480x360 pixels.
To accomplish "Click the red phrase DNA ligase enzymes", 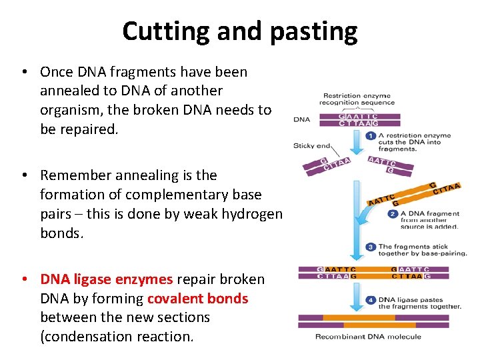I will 106,279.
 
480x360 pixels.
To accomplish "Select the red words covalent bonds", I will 197,299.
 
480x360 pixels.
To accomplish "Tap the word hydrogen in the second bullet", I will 249,213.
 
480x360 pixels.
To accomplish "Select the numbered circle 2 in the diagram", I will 393,214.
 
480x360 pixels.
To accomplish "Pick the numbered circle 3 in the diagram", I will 371,247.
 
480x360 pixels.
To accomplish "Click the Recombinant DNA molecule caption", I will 368,337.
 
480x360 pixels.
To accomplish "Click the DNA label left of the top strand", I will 302,120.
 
